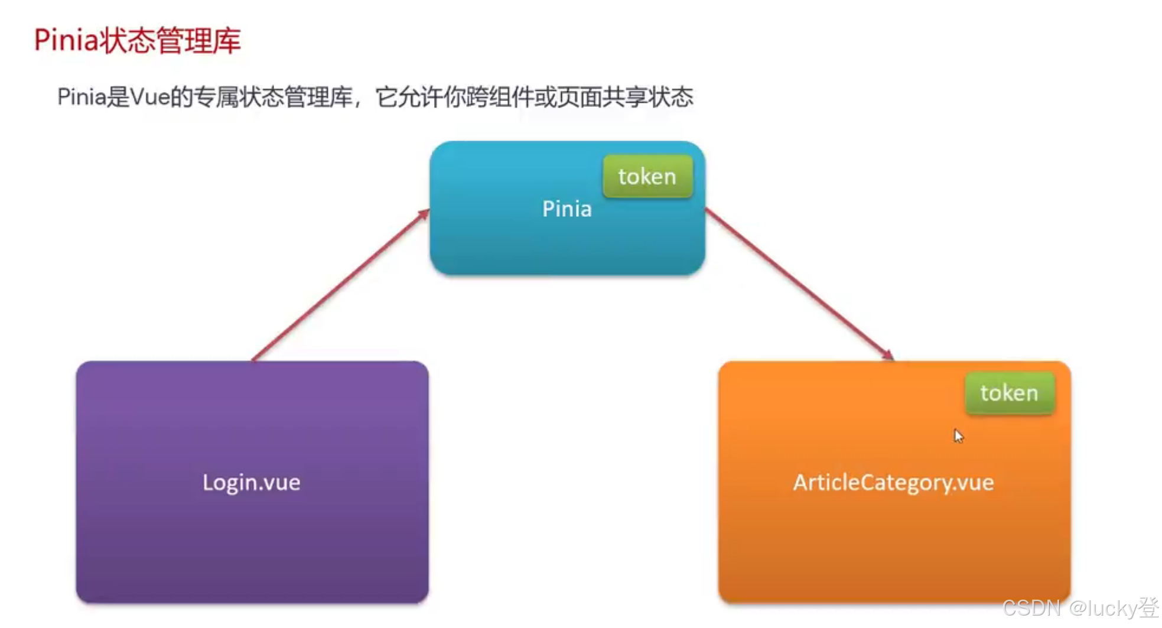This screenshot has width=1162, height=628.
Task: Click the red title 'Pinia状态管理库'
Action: click(137, 40)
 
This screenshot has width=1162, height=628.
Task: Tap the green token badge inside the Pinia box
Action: click(647, 177)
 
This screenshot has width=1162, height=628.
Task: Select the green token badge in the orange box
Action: click(1009, 393)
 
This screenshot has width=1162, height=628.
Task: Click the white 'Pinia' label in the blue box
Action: click(567, 209)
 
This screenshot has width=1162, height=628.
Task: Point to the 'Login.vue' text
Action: click(252, 482)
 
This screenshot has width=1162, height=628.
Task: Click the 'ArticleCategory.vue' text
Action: click(893, 482)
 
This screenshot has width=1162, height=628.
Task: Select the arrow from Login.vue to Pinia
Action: click(340, 285)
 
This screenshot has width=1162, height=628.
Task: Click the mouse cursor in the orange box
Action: click(958, 436)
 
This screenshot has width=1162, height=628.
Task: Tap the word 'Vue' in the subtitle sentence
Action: click(149, 97)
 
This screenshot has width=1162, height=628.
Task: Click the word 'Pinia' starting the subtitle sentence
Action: click(81, 97)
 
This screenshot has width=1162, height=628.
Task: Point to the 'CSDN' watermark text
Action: click(1031, 608)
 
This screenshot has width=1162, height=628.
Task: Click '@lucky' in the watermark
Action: click(1102, 608)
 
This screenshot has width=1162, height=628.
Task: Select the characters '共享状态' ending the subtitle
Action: click(647, 97)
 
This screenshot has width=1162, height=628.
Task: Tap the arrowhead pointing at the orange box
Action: click(887, 354)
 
